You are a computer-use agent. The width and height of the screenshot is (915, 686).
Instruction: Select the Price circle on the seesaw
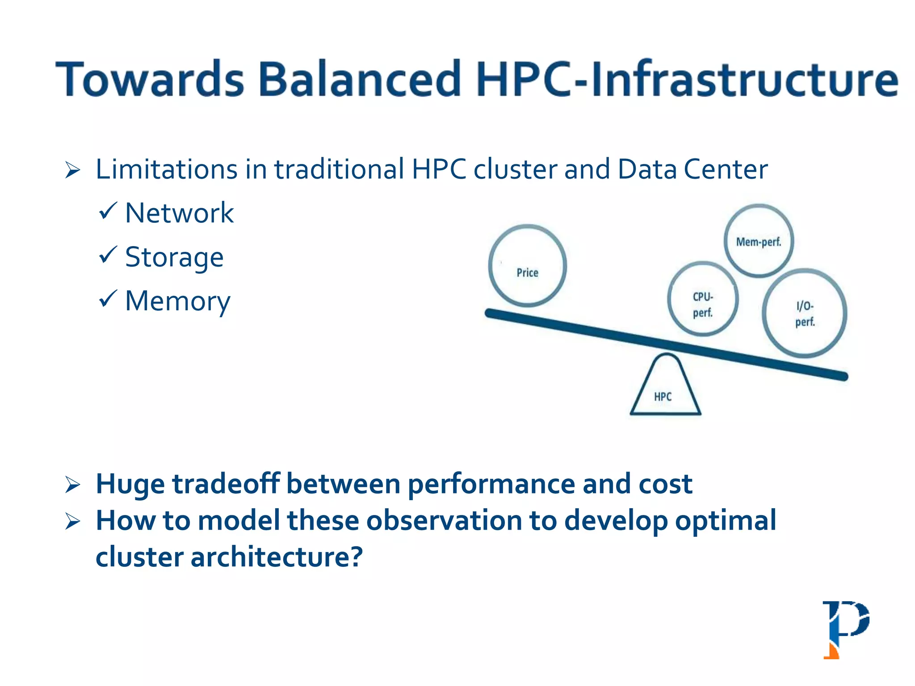[x=527, y=266]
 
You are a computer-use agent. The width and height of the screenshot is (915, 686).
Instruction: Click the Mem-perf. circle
[x=758, y=241]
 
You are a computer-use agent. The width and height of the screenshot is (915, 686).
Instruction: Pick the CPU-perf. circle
[x=703, y=299]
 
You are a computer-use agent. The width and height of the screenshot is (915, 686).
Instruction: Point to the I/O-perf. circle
[x=804, y=313]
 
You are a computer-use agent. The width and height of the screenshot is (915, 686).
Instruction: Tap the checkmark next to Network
[x=108, y=211]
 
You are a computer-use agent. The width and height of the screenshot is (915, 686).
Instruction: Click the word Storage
[x=174, y=258]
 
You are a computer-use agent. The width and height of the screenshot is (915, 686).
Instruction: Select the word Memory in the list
[x=177, y=301]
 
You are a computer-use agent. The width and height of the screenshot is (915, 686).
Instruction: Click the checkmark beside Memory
[x=108, y=299]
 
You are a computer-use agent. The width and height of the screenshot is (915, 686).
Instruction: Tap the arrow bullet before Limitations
[x=72, y=171]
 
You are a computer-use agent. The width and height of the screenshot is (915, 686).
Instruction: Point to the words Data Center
[x=693, y=170]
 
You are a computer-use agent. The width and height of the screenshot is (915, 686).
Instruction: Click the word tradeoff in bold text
[x=226, y=484]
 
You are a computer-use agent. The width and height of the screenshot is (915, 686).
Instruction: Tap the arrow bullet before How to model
[x=72, y=521]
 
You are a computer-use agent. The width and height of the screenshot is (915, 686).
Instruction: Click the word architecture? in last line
[x=277, y=557]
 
